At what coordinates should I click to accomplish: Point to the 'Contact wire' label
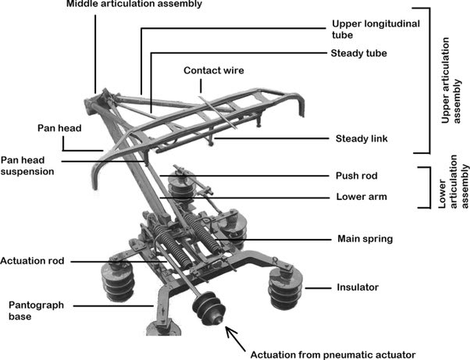(214, 70)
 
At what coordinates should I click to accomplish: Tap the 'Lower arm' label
(361, 197)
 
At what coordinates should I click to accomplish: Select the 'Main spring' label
(365, 238)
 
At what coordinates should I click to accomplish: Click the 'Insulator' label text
(358, 287)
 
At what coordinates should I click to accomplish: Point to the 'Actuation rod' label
(32, 260)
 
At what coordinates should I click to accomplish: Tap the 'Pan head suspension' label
(27, 165)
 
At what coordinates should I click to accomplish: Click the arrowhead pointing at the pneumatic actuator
(227, 331)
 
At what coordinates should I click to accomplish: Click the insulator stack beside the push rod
(180, 192)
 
